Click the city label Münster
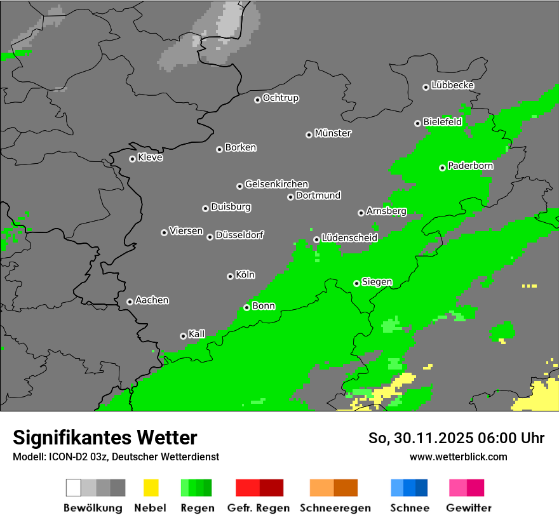tap(333, 133)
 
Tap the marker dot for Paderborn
tap(442, 168)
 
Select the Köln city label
tap(245, 275)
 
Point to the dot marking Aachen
tap(130, 302)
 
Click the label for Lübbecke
tap(452, 85)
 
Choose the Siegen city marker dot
tap(356, 283)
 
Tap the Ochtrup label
tap(281, 98)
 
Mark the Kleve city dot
tap(132, 159)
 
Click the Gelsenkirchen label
tap(276, 184)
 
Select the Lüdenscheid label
tap(349, 237)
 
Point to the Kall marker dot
tap(183, 336)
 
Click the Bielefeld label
tap(442, 121)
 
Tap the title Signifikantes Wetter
tap(105, 437)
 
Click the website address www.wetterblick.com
tap(458, 457)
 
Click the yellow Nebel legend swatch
tap(151, 488)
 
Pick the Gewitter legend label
tap(469, 508)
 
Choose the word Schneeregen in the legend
tap(334, 508)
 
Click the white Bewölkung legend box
tap(74, 488)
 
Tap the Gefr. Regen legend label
tap(259, 508)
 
